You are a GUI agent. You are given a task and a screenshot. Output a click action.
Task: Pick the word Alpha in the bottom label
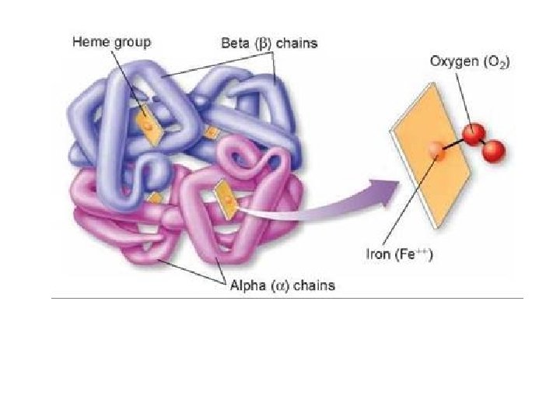[x=248, y=285]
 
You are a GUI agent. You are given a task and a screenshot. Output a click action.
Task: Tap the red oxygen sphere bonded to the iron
[x=471, y=135]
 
